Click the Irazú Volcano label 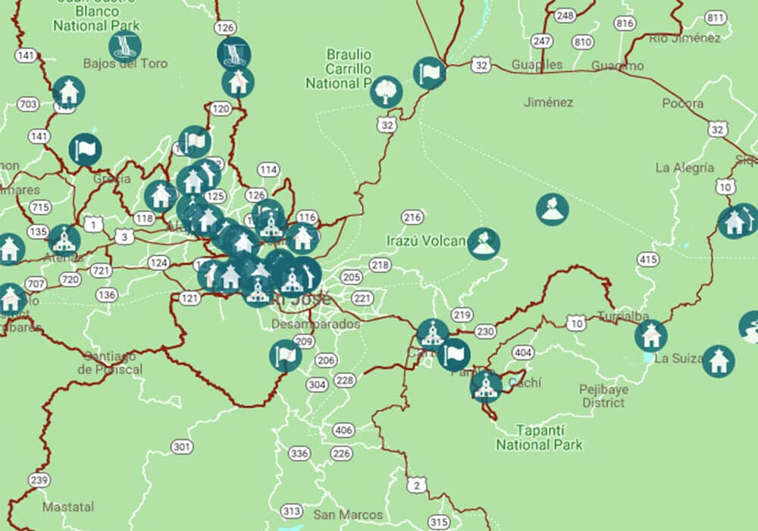pos(425,240)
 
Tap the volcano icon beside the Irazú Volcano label pos(484,244)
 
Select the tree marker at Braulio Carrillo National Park pos(386,92)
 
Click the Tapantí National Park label pos(539,437)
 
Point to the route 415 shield pos(647,260)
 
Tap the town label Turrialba pos(623,316)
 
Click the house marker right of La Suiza pos(718,360)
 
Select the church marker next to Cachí pos(485,385)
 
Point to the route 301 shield pos(181,447)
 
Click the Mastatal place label pos(68,506)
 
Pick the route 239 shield pos(39,480)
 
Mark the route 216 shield pos(412,218)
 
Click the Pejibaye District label pos(604,396)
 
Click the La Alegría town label pos(684,168)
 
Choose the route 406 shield pos(343,430)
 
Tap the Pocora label pos(682,103)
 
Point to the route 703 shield pos(29,104)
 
